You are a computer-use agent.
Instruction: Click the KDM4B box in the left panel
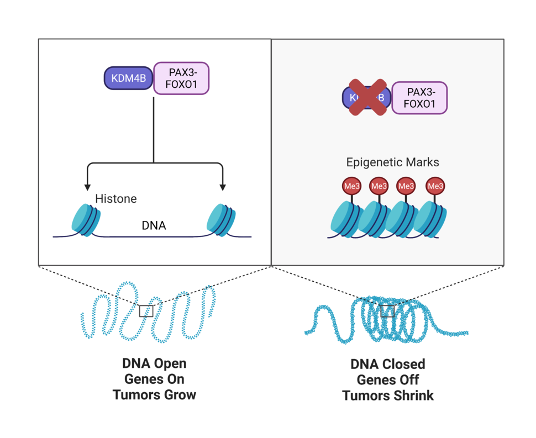[128, 78]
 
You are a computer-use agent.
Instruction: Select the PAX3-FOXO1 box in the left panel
[181, 78]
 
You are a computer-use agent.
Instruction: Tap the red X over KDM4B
[367, 98]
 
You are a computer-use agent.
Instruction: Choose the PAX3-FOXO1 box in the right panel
[419, 98]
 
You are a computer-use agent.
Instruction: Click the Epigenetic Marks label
[392, 162]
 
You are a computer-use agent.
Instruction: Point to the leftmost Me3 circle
[352, 186]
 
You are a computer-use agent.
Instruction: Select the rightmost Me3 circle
[435, 186]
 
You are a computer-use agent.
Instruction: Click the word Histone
[115, 198]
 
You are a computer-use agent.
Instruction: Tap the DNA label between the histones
[154, 225]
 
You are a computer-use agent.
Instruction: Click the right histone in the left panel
[221, 219]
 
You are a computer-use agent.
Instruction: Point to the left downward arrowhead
[87, 187]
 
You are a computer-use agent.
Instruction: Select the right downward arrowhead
[222, 187]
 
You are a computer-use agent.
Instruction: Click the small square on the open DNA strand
[146, 311]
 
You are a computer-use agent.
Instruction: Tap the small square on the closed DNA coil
[388, 311]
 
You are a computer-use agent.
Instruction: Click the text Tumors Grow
[154, 394]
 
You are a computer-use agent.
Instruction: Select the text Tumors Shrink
[387, 395]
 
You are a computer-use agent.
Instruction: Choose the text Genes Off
[387, 380]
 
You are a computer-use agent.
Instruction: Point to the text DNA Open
[154, 363]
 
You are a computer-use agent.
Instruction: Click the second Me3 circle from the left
[379, 186]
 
